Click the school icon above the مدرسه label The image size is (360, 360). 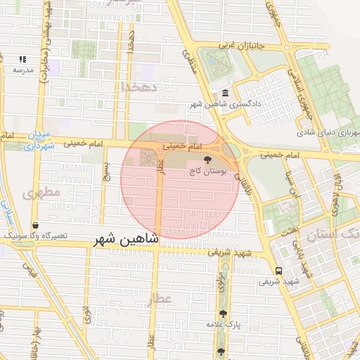pos(22,60)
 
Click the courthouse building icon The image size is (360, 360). pos(224,94)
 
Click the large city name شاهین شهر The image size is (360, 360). pos(126,240)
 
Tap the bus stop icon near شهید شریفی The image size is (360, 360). pos(279,271)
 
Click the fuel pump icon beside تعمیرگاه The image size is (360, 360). pos(35,226)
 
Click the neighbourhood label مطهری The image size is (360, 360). pos(40,191)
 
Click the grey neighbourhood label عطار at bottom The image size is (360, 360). pos(159,299)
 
